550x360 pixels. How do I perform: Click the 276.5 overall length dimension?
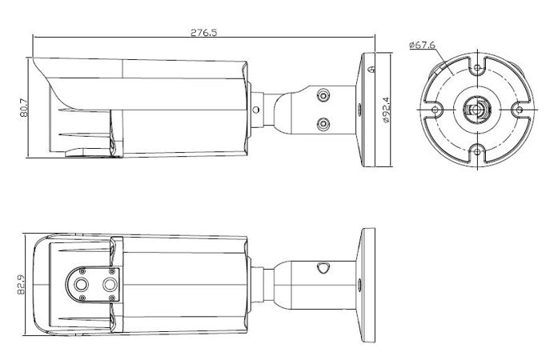click(x=204, y=33)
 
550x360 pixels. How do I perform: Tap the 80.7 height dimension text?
click(x=24, y=108)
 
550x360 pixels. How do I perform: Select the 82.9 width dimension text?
click(x=21, y=285)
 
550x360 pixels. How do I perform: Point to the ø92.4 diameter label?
click(x=386, y=110)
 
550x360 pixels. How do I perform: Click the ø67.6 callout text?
click(x=423, y=46)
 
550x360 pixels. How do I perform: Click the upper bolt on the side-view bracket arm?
click(x=323, y=96)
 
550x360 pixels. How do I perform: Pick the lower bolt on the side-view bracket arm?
click(x=323, y=124)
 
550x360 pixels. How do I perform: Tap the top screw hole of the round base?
click(x=477, y=68)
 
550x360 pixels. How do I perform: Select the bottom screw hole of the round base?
click(x=477, y=152)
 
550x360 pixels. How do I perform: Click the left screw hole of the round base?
click(x=436, y=110)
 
